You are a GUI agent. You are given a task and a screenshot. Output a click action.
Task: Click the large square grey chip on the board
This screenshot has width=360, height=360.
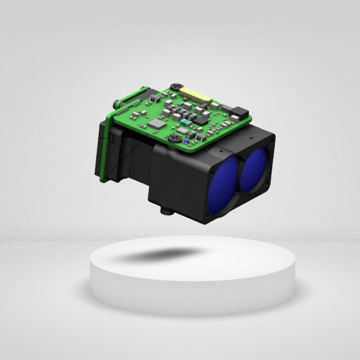tap(157, 124)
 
